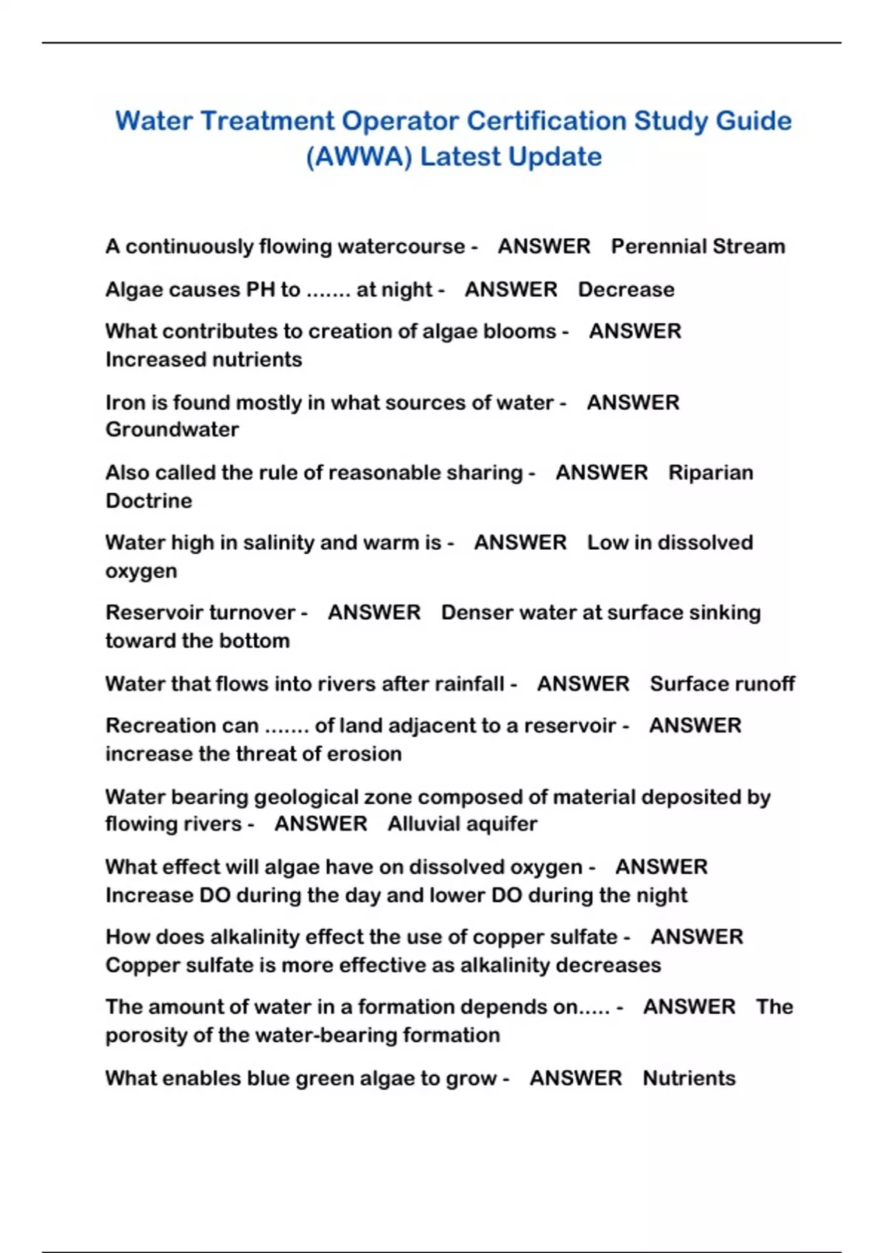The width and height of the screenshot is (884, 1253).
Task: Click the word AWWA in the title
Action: pos(358,157)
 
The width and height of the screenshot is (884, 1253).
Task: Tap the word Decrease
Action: pos(626,289)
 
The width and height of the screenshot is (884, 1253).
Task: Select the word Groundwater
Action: pos(172,430)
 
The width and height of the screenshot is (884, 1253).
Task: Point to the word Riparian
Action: pos(710,472)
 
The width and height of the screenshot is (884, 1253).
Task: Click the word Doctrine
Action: pos(149,500)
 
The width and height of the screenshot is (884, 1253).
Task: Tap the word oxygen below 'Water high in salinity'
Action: pos(141,571)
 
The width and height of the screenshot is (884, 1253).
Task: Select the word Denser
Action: pos(477,612)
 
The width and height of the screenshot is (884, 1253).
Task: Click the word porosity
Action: pos(146,1036)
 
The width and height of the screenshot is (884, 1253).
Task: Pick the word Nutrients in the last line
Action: pos(689,1078)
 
